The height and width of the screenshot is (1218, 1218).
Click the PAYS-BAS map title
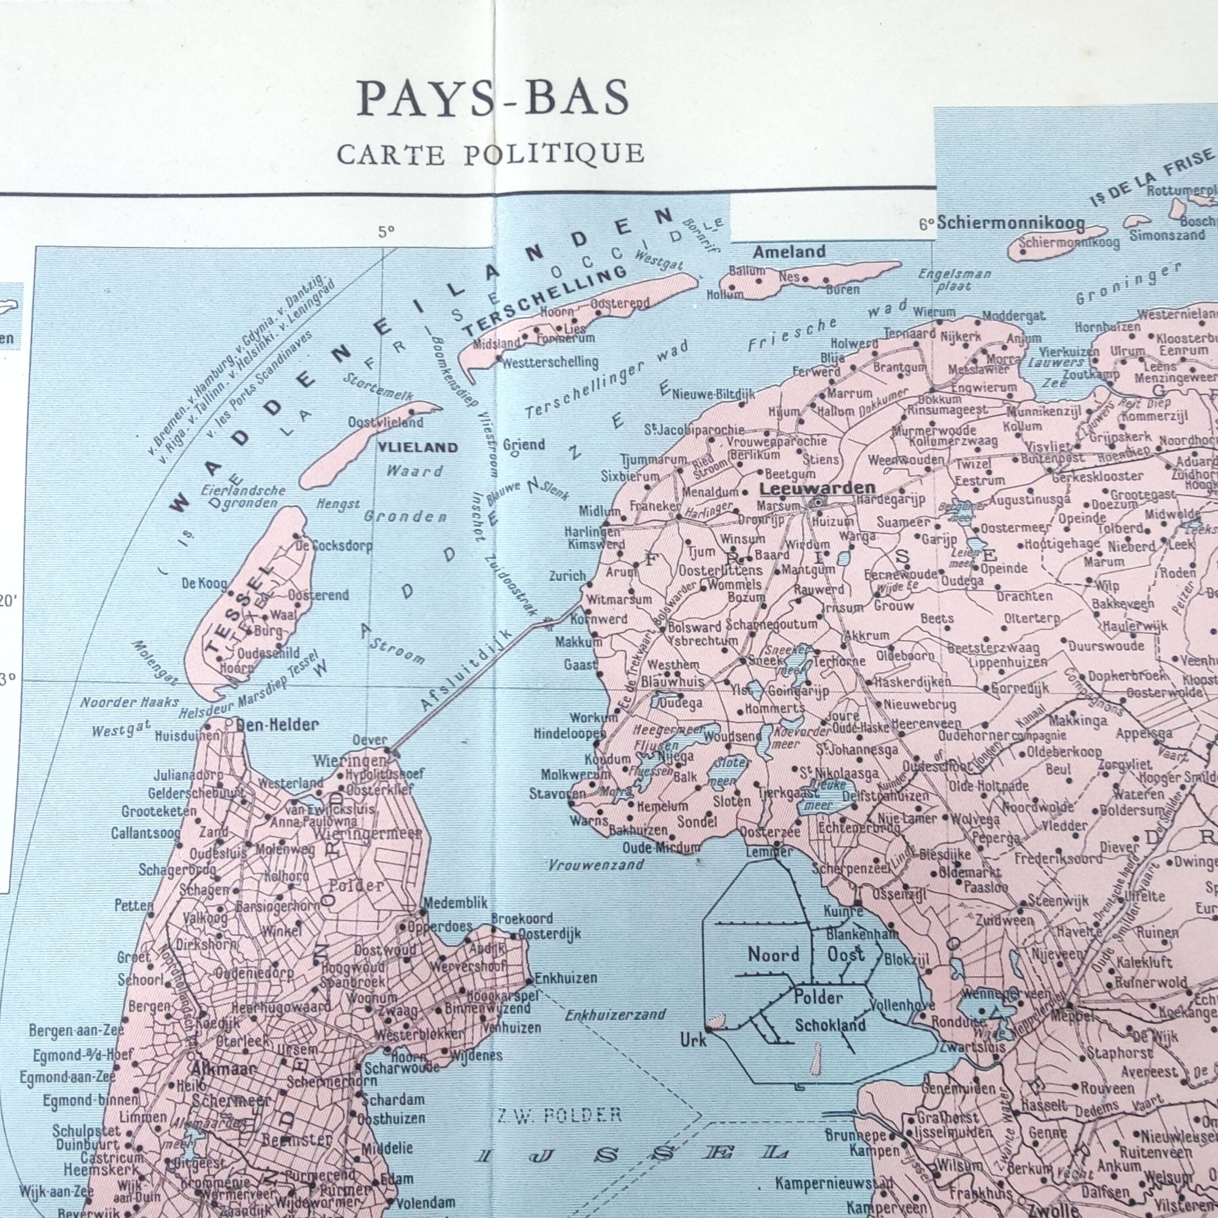pyautogui.click(x=492, y=98)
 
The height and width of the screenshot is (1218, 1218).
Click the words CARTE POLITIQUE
pyautogui.click(x=490, y=154)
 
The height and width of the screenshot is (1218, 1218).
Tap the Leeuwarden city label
pyautogui.click(x=817, y=488)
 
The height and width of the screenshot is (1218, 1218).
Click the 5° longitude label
pyautogui.click(x=386, y=232)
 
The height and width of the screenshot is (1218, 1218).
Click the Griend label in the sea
pyautogui.click(x=523, y=444)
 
